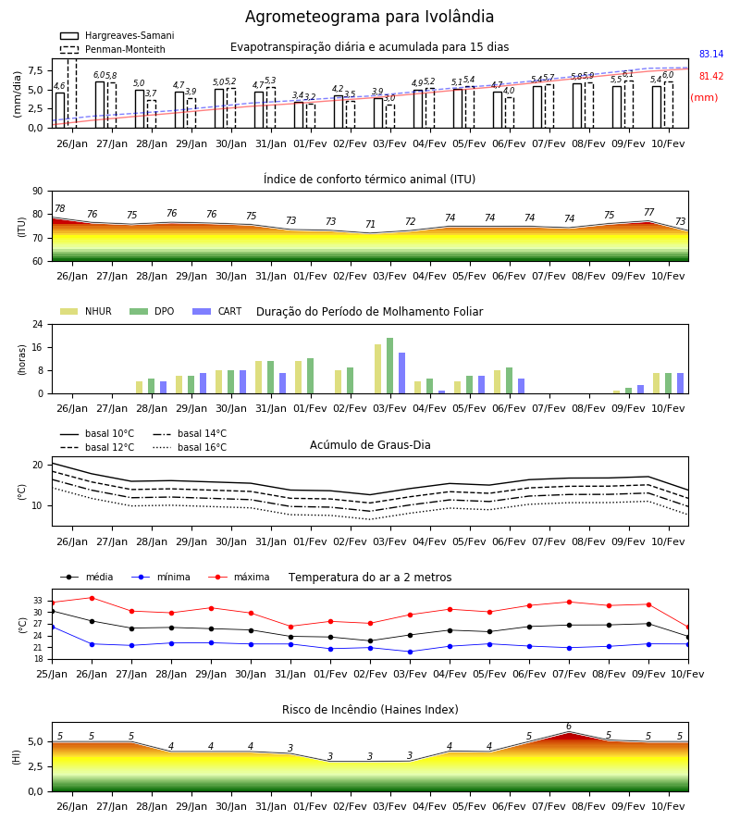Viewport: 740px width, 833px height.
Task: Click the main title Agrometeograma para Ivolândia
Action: pyautogui.click(x=369, y=17)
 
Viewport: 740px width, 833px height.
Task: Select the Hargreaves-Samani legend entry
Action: pyautogui.click(x=117, y=35)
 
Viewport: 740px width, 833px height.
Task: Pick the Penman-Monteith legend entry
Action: pyautogui.click(x=113, y=49)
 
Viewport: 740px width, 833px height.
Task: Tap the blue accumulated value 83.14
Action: pyautogui.click(x=711, y=54)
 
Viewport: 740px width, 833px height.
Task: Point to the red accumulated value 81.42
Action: pyautogui.click(x=711, y=76)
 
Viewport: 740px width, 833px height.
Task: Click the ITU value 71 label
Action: pyautogui.click(x=370, y=224)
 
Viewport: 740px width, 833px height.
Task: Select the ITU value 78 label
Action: pyautogui.click(x=59, y=209)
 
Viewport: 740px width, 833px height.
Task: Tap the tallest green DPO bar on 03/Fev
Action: pyautogui.click(x=390, y=366)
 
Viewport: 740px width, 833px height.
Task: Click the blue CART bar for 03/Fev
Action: pyautogui.click(x=401, y=373)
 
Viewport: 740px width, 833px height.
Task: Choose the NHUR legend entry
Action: pyautogui.click(x=86, y=311)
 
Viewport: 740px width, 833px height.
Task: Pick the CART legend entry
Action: pyautogui.click(x=217, y=311)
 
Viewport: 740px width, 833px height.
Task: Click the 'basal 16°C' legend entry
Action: pyautogui.click(x=190, y=447)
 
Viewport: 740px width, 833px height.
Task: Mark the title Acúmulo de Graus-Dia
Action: pyautogui.click(x=370, y=444)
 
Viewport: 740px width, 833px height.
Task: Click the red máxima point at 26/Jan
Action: pyautogui.click(x=92, y=598)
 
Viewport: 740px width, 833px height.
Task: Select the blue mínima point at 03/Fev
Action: pyautogui.click(x=410, y=652)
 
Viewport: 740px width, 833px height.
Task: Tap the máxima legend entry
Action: pyautogui.click(x=239, y=577)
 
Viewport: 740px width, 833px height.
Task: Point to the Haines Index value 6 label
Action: pyautogui.click(x=569, y=727)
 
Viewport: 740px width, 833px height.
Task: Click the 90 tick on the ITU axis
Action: pyautogui.click(x=38, y=192)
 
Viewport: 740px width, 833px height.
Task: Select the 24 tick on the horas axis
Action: pyautogui.click(x=38, y=324)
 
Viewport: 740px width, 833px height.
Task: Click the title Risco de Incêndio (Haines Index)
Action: pyautogui.click(x=370, y=709)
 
